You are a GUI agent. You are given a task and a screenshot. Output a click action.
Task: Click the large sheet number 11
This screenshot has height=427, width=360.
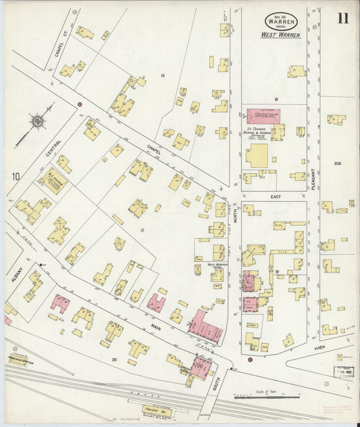click(343, 18)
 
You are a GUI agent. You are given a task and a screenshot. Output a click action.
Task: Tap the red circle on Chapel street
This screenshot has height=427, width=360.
click(80, 104)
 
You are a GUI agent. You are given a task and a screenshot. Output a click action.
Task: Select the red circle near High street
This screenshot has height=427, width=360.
click(250, 359)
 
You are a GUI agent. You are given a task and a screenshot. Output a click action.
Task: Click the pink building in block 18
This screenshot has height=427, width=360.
click(262, 116)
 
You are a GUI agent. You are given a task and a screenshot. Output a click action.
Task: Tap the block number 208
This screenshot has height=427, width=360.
click(337, 164)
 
